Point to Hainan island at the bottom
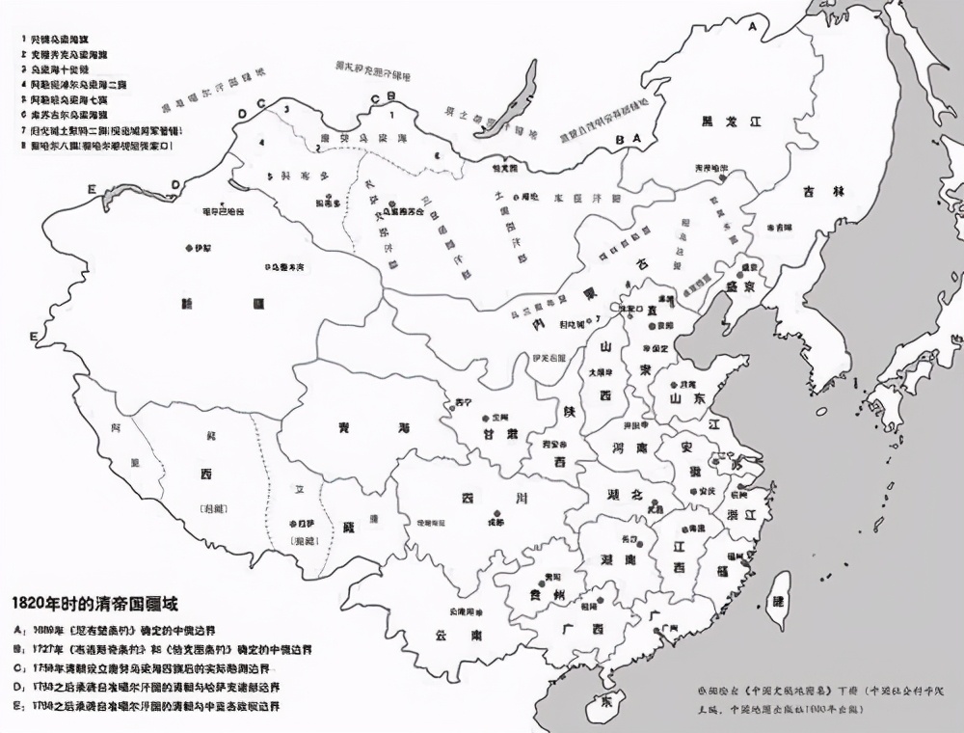point(606,699)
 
